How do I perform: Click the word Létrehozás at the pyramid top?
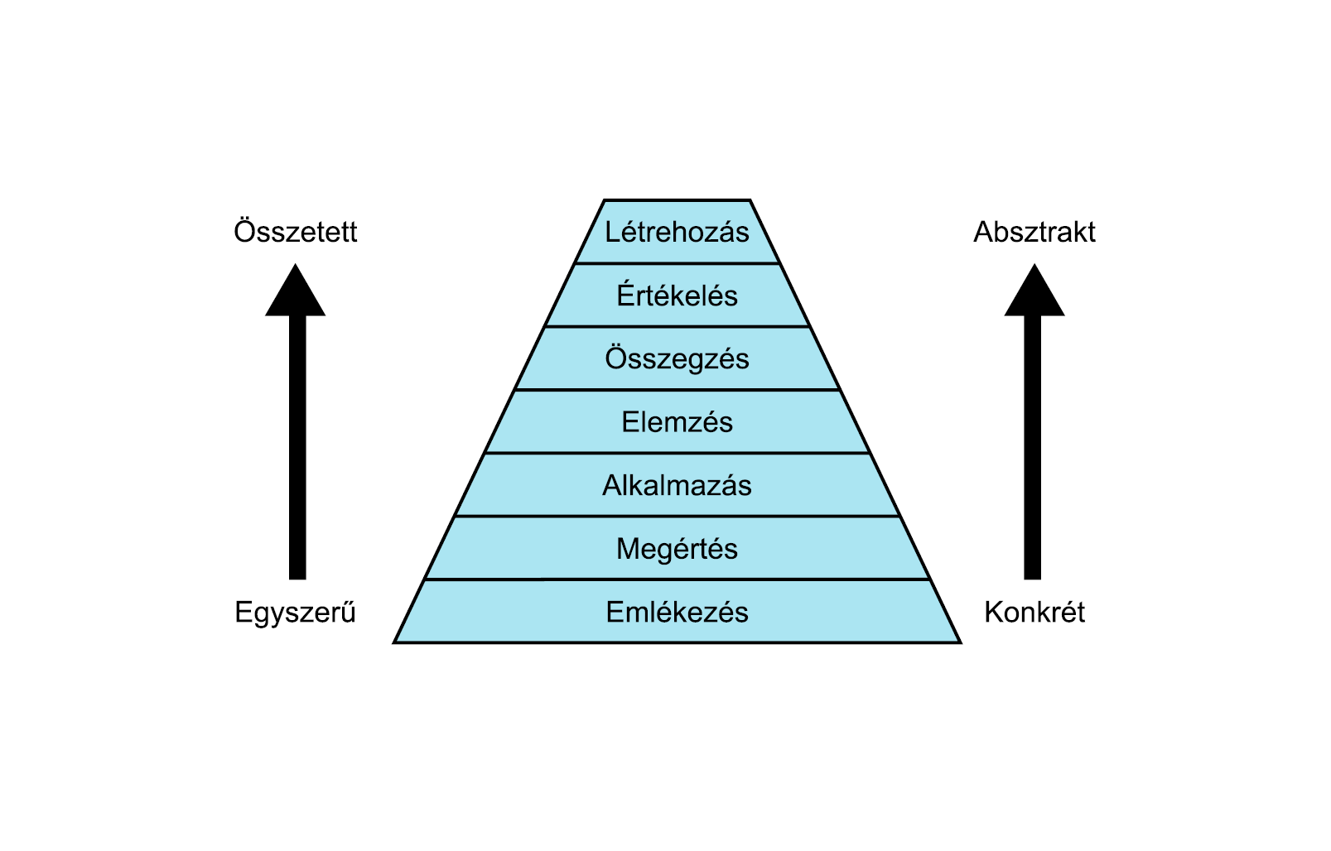[x=677, y=232]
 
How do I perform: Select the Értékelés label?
[x=677, y=296]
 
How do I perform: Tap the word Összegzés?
[x=677, y=358]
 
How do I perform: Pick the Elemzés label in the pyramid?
[x=677, y=422]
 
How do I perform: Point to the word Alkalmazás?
[x=677, y=485]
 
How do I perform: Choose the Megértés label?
[x=677, y=549]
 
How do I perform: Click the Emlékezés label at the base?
[x=677, y=613]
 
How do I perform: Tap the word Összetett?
[x=296, y=232]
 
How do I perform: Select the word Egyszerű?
[x=296, y=613]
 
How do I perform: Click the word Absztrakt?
[x=1034, y=232]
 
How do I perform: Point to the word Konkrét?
[x=1034, y=613]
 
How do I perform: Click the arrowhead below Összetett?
[x=296, y=294]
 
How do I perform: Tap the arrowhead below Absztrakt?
[x=1034, y=294]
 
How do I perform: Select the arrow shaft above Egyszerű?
[x=297, y=447]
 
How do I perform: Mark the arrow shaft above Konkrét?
[x=1033, y=447]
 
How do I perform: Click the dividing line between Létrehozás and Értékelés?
[x=677, y=264]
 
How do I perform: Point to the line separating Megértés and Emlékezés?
[x=677, y=579]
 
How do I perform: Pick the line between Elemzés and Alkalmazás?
[x=677, y=453]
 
